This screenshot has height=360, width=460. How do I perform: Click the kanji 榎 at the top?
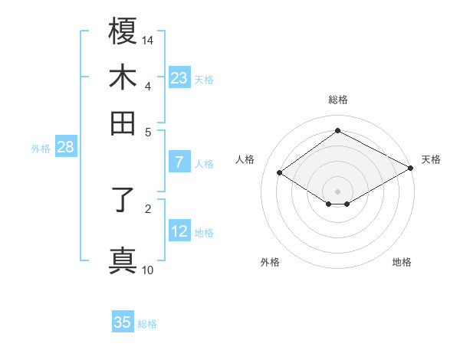123,31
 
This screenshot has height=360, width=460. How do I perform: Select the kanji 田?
123,123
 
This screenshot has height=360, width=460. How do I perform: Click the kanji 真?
123,260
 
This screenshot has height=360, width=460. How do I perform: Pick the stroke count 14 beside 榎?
148,40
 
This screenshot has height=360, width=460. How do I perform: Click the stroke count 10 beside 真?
148,270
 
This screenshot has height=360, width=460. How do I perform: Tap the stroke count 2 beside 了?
147,207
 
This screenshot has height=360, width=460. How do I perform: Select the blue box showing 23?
179,78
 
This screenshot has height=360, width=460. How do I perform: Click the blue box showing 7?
179,162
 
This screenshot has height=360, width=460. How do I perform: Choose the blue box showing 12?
179,231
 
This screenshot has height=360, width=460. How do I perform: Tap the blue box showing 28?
65,148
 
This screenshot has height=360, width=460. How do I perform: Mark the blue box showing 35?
123,322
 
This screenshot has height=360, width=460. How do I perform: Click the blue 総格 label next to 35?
147,324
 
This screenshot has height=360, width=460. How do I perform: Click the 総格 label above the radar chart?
337,100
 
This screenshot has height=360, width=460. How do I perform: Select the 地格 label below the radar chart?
402,262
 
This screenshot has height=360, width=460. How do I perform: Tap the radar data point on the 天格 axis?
412,168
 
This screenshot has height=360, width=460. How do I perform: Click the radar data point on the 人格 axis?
280,173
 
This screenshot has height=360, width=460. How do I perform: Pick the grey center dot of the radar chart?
337,191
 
